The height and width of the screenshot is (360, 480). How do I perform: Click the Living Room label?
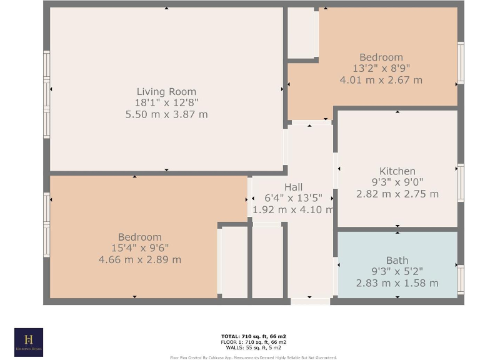tap(166, 92)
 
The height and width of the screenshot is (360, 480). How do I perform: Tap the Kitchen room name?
tap(397, 171)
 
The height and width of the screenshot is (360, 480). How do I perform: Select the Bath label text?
tap(397, 261)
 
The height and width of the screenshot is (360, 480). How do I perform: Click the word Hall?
tap(293, 187)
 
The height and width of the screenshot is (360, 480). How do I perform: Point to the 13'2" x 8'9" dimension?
tap(381, 69)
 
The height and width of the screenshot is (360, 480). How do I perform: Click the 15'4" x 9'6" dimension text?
tap(140, 248)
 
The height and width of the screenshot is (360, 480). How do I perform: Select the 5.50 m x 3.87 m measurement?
tap(166, 114)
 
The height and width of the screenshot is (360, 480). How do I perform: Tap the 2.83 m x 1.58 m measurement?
tap(397, 283)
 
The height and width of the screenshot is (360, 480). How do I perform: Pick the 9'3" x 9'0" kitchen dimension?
tap(397, 182)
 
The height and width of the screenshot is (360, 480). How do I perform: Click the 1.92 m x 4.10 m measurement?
tap(293, 210)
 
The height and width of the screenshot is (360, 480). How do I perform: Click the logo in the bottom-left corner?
tap(29, 342)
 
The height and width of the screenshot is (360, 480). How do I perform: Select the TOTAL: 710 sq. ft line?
tap(253, 336)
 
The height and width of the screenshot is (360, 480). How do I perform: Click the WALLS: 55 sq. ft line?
tap(253, 347)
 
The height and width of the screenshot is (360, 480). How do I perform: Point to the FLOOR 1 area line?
tap(253, 342)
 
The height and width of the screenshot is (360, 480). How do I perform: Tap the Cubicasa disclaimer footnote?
tap(253, 357)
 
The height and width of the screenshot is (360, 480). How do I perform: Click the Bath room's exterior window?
tap(461, 279)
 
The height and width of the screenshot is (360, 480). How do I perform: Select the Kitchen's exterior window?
tap(461, 182)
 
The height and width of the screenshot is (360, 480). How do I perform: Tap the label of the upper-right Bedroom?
tap(381, 57)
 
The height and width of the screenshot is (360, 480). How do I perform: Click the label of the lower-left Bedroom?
tap(140, 237)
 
